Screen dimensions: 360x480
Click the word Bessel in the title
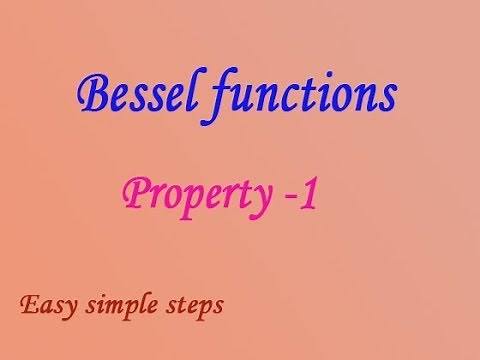pyautogui.click(x=129, y=97)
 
